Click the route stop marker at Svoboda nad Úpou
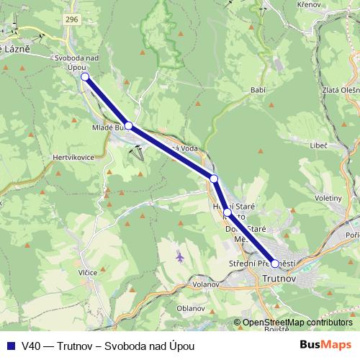pyautogui.click(x=85, y=77)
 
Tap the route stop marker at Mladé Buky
pyautogui.click(x=129, y=126)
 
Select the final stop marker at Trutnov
pyautogui.click(x=274, y=264)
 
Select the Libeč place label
pyautogui.click(x=318, y=145)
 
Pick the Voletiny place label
pyautogui.click(x=328, y=197)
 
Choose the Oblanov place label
pyautogui.click(x=190, y=307)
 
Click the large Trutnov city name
pyautogui.click(x=281, y=278)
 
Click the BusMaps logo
pyautogui.click(x=330, y=345)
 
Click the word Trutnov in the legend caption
pyautogui.click(x=71, y=346)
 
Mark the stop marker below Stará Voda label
pyautogui.click(x=214, y=178)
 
